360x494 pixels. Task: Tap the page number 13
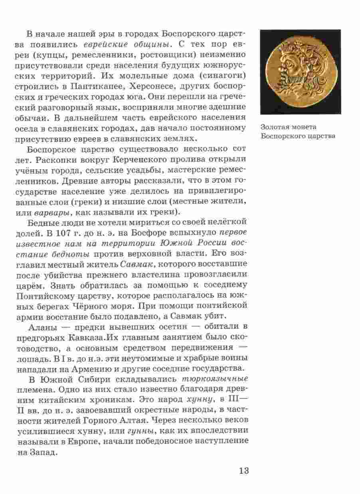244,470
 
